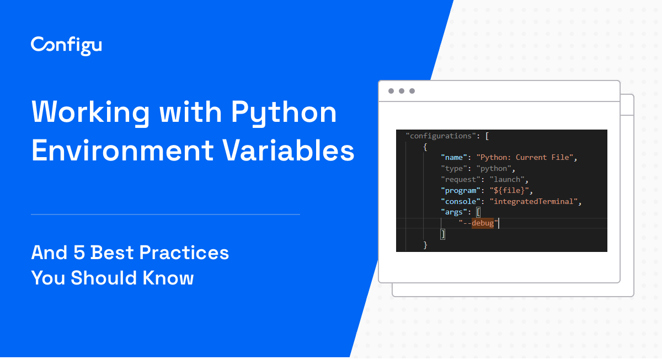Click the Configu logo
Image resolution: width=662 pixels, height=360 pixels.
(x=66, y=46)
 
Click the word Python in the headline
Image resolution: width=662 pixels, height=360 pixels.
(x=284, y=112)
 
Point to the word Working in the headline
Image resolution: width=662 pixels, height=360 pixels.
(x=90, y=112)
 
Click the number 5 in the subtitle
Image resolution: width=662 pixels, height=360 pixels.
(x=79, y=253)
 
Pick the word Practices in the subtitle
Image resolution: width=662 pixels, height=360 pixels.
(x=184, y=253)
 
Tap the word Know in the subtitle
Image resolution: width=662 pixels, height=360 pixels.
(x=168, y=278)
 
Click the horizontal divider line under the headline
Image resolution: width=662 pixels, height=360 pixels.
(x=165, y=214)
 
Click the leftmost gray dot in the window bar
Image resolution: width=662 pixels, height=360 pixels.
(x=391, y=91)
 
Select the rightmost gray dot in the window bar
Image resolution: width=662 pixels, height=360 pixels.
(x=412, y=91)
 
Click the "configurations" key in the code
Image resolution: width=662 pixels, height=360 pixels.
(x=441, y=136)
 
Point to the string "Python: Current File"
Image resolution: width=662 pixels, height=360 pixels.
(x=525, y=158)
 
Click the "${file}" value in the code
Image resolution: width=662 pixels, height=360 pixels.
(x=509, y=191)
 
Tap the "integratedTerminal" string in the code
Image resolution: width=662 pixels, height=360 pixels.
(x=534, y=201)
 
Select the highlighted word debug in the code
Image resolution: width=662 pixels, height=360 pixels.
(x=483, y=223)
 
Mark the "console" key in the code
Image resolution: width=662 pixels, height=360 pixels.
(x=461, y=201)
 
